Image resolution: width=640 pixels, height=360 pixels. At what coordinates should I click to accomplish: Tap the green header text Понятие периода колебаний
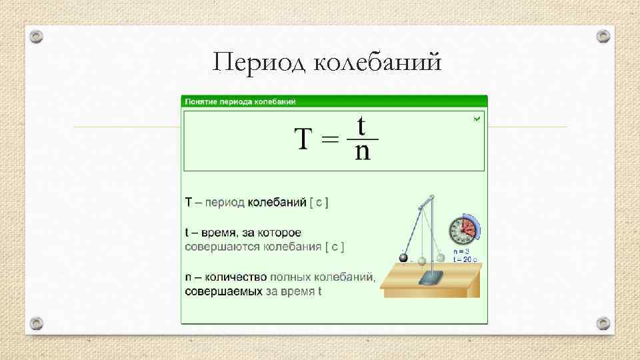tap(240, 101)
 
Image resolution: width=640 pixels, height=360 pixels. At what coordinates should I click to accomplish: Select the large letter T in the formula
tap(303, 139)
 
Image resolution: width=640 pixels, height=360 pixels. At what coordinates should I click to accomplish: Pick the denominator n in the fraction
tap(362, 153)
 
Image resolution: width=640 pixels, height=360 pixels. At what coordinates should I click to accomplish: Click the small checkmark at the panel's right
tap(476, 119)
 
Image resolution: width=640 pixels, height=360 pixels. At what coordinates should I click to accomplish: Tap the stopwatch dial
tap(461, 231)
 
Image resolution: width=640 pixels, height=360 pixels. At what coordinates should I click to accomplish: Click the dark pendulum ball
tap(403, 258)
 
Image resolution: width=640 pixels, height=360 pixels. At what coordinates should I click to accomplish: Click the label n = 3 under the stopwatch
tap(462, 251)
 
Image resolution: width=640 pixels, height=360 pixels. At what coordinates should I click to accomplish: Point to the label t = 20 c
tap(465, 258)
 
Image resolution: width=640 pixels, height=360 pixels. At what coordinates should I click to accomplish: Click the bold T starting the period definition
tap(189, 201)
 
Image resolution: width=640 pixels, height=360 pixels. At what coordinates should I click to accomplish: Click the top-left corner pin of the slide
tap(37, 35)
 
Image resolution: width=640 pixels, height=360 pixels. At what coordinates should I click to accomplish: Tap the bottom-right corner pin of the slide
tap(602, 323)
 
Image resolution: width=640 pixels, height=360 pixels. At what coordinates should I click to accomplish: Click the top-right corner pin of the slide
tap(602, 35)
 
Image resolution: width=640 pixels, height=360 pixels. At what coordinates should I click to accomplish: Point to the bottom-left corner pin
tap(37, 323)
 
